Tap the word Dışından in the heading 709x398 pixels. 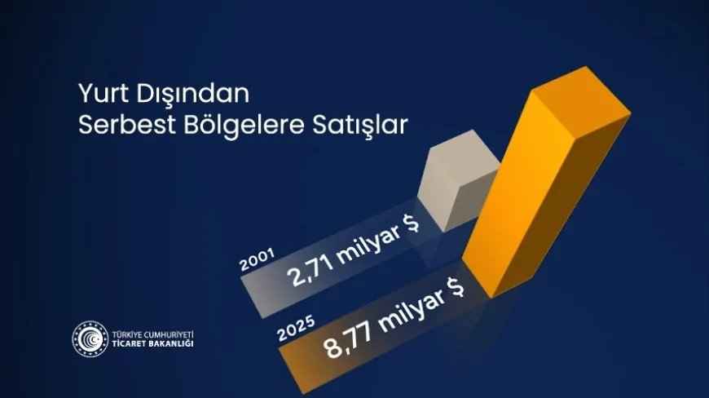coord(192,94)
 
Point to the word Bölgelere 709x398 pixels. coord(244,125)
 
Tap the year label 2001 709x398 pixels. coord(258,259)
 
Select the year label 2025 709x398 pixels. coord(296,329)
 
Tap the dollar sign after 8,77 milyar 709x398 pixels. coord(455,287)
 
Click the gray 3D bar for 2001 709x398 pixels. coord(457,180)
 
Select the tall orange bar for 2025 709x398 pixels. coord(546,182)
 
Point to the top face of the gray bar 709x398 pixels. coord(464,154)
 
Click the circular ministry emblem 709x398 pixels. coord(90,338)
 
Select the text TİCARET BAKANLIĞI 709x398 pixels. coord(153,343)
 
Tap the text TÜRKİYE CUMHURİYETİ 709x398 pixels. coord(153,334)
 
